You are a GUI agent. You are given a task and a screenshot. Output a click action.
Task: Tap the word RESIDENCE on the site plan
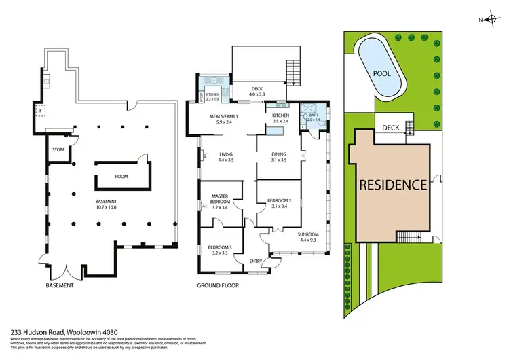coord(392,184)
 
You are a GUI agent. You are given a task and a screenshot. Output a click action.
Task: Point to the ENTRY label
coord(256,262)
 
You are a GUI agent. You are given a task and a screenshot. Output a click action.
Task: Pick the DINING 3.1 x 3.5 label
coord(279,156)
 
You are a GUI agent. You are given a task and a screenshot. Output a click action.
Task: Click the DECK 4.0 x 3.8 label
coord(257,90)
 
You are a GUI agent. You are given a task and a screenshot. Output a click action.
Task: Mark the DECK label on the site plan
coord(390,128)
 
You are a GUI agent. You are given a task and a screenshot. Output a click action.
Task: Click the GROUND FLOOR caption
coord(217,285)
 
